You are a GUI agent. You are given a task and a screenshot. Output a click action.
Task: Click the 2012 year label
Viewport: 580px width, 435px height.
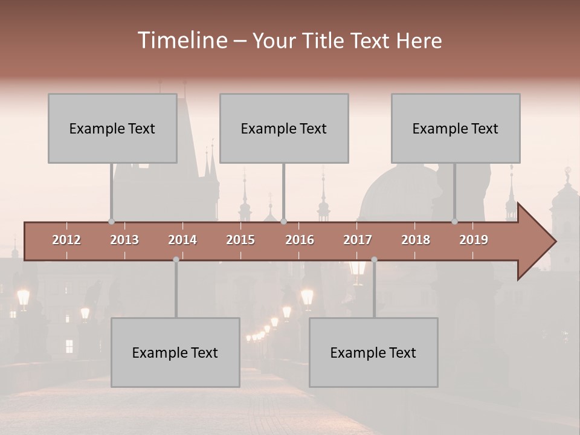coord(66,240)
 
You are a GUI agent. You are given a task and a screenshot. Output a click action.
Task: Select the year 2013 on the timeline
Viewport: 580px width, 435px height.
coord(124,240)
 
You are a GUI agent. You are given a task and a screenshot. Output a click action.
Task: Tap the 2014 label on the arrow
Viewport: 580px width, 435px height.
coord(182,240)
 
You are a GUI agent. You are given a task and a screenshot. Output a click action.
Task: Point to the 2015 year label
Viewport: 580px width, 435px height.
coord(240,240)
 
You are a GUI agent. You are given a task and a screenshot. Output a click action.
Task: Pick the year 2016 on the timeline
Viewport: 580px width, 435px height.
coord(300,240)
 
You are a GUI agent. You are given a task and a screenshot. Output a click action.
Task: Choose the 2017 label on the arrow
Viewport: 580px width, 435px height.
coord(358,240)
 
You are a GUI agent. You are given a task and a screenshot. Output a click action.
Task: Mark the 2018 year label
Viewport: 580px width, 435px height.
coord(416,240)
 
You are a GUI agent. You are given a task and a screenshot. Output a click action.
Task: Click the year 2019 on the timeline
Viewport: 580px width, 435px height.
coord(474,240)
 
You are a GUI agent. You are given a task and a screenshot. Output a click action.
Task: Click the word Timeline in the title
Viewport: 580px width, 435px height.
coord(181,40)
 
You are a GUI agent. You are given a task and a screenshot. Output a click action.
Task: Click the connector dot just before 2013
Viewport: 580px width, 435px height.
coord(111,222)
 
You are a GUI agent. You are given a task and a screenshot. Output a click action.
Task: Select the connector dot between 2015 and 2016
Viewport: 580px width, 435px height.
coord(284,222)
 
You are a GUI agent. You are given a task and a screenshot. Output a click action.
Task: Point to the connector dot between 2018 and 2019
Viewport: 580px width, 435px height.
coord(455,222)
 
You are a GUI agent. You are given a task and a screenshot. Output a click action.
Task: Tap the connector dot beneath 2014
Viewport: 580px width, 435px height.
coord(176,260)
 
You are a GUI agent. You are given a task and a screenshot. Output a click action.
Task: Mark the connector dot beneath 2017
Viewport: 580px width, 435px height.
coord(374,260)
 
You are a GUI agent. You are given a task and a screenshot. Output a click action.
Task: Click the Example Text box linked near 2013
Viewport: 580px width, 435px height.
coord(112,128)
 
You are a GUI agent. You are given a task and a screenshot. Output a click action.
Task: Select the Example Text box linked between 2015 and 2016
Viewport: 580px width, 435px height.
coord(284,128)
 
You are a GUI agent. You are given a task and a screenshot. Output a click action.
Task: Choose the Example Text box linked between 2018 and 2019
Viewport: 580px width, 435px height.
coord(456,128)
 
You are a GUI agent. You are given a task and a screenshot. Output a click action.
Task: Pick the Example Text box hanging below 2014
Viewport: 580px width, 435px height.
coord(175,352)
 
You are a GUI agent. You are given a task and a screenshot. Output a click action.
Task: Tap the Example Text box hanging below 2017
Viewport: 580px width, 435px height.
coord(373,352)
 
